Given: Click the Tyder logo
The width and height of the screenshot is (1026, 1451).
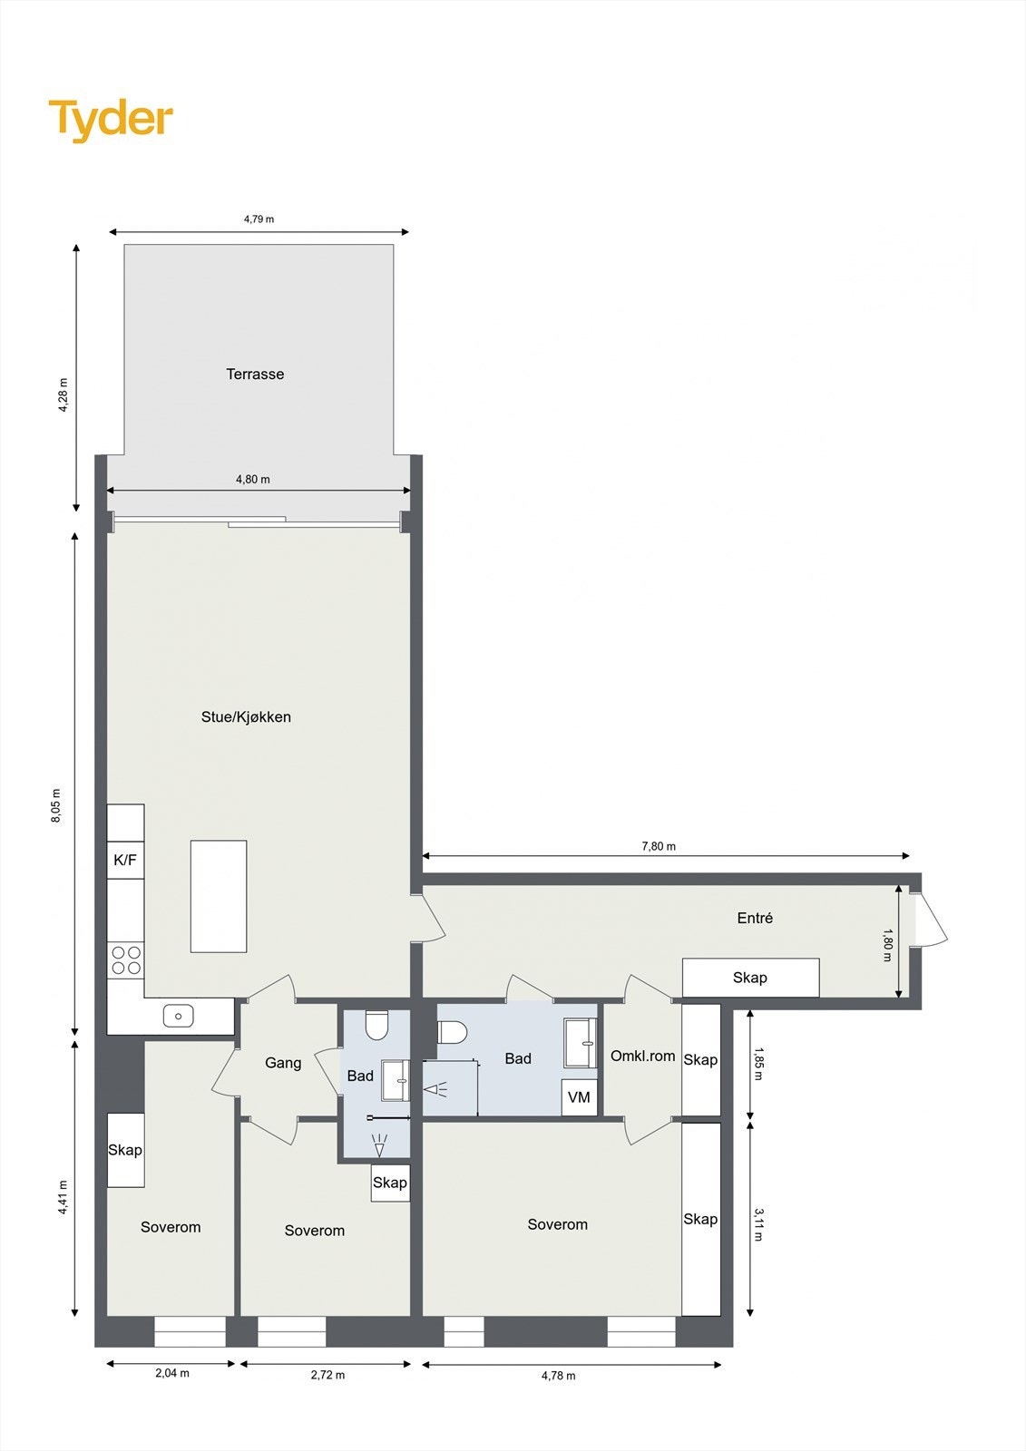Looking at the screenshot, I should [x=110, y=120].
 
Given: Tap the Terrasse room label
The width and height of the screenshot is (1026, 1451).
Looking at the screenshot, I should [x=255, y=374].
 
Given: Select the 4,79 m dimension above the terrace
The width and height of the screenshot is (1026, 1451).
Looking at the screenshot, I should [x=259, y=219].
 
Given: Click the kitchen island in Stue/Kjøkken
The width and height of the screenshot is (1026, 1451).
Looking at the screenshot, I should [x=219, y=896].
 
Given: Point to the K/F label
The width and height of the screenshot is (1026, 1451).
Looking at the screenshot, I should [x=125, y=860].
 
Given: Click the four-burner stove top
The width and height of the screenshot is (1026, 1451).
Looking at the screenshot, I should [x=126, y=959].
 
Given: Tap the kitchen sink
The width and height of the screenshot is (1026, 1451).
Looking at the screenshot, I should [x=178, y=1016].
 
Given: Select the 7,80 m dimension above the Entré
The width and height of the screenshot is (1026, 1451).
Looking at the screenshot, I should [x=659, y=846].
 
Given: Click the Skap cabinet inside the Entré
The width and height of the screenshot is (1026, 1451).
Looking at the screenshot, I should [x=750, y=978].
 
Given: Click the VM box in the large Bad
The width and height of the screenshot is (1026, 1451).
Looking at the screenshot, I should [x=579, y=1097].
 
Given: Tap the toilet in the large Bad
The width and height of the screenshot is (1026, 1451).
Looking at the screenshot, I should [x=452, y=1032].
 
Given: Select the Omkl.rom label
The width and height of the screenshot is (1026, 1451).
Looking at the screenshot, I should [x=642, y=1056].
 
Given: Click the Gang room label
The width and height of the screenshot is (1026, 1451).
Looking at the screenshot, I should [x=283, y=1063].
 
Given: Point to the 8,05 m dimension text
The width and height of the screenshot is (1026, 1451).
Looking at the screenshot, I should [x=56, y=805].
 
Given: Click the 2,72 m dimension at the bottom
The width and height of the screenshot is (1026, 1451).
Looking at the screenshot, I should [x=327, y=1375].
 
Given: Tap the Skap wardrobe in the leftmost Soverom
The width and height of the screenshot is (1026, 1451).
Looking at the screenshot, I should [x=125, y=1150].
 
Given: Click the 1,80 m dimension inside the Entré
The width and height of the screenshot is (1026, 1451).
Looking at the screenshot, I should [x=888, y=944].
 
